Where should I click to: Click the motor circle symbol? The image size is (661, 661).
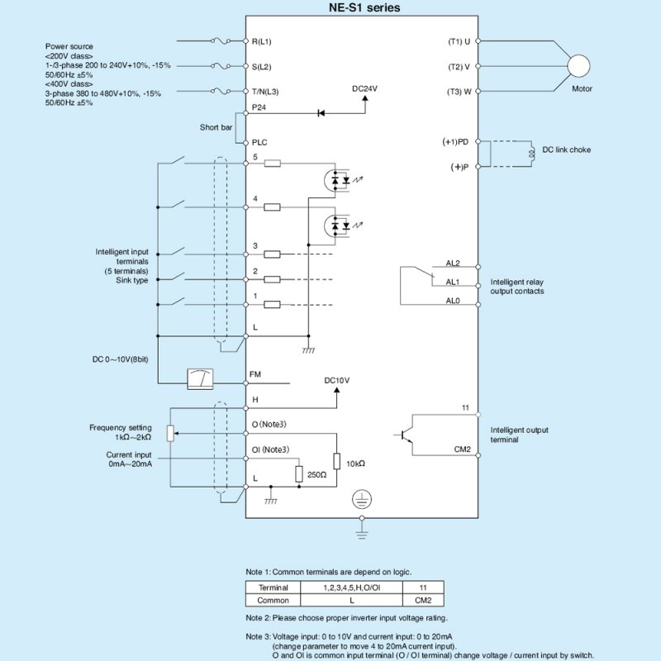point(578,66)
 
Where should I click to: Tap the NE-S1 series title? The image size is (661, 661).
point(364,7)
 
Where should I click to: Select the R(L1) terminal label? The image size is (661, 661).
point(261,42)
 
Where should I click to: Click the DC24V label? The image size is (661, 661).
point(364,89)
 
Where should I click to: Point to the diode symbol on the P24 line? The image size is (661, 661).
point(321,113)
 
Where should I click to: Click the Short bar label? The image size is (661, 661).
point(216,127)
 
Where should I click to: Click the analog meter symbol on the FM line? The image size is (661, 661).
point(200,379)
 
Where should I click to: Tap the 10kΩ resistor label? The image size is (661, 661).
point(355,464)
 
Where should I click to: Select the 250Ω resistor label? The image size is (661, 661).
point(316,475)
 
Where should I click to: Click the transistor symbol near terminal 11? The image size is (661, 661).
point(405,435)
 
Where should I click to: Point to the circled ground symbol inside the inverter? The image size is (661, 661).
point(362,500)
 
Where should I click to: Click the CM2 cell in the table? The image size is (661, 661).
point(423,601)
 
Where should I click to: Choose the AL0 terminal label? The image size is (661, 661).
point(453,301)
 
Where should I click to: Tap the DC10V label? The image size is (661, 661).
point(337,381)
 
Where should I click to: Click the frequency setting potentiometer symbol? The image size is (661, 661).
point(170,433)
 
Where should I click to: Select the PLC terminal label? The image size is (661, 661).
point(259,142)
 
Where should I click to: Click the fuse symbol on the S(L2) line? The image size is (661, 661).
point(221,66)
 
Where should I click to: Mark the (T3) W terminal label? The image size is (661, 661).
point(459,92)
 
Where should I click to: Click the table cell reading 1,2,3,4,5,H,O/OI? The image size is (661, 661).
point(352,587)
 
